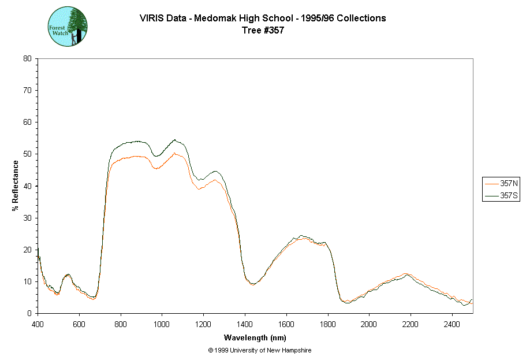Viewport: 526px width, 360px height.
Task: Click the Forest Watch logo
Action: click(x=68, y=27)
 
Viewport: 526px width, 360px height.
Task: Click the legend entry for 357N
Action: click(x=500, y=183)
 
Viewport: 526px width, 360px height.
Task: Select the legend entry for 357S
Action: click(x=500, y=196)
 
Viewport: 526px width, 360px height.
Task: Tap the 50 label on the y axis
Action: click(x=27, y=154)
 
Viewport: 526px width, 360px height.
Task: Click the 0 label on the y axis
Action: click(x=29, y=313)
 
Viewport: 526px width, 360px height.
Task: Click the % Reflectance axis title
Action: click(x=16, y=185)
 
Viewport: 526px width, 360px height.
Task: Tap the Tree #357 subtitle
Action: click(x=263, y=31)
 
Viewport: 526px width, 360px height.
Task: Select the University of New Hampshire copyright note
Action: click(x=259, y=351)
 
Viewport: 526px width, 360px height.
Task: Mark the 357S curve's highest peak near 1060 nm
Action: click(x=174, y=139)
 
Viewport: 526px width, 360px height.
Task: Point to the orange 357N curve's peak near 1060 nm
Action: click(x=174, y=153)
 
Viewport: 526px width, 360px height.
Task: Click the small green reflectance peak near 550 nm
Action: click(x=68, y=274)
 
